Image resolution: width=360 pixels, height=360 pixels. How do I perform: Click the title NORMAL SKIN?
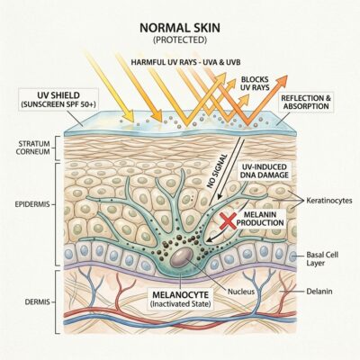coord(180,28)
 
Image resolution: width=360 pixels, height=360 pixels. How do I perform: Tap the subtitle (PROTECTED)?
coord(180,40)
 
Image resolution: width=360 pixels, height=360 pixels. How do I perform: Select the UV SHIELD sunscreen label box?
coord(58,100)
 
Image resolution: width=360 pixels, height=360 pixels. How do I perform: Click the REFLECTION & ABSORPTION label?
coord(306,103)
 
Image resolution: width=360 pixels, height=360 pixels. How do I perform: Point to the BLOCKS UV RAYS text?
coord(255,84)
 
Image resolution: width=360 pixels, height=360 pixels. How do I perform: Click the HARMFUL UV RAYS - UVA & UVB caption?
coord(185,62)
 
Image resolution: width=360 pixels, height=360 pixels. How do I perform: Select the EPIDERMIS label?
coord(32,204)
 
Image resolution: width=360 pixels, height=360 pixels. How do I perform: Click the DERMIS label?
coord(38,302)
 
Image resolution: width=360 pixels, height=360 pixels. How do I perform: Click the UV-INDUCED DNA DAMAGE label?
coord(264,171)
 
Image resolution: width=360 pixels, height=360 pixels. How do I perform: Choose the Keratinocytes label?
coord(329,201)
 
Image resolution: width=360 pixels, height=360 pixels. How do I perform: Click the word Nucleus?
coord(241,292)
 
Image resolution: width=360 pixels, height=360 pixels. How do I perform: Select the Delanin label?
coord(319,291)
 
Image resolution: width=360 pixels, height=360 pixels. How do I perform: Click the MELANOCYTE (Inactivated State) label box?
coord(180,299)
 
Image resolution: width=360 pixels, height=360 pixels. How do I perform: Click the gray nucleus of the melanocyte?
coord(182,258)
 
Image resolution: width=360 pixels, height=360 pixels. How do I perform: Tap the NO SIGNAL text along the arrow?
coord(218,171)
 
